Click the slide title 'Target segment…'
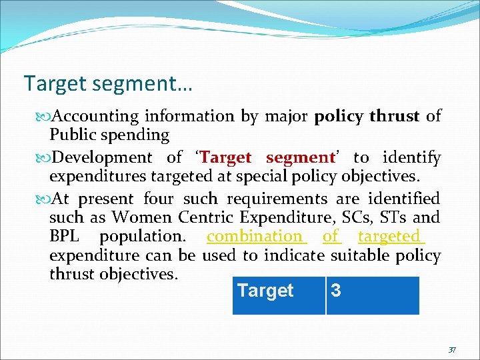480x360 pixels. (x=108, y=84)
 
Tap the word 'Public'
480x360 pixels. (x=72, y=135)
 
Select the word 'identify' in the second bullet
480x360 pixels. (x=415, y=158)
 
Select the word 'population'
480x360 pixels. (x=141, y=237)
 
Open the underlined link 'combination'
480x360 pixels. (x=255, y=236)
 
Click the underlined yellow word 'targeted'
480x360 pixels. (x=389, y=236)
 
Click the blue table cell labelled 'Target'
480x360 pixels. (x=279, y=295)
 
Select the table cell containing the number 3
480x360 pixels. (x=373, y=295)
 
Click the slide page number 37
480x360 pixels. (x=452, y=349)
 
